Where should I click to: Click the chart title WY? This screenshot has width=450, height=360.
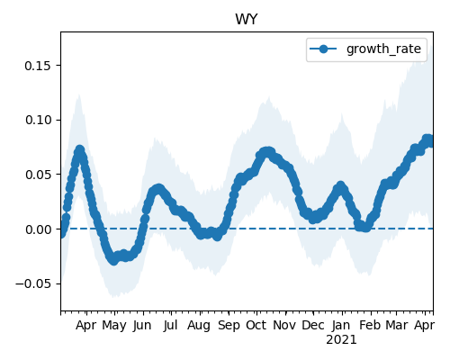(247, 20)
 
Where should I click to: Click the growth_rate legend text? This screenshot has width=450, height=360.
(383, 49)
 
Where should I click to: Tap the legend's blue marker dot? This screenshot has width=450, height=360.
(323, 49)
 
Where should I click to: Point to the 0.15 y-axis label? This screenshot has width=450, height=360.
(38, 66)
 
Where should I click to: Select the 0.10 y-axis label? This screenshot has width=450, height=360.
(38, 120)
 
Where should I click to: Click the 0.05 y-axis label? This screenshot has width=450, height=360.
(38, 175)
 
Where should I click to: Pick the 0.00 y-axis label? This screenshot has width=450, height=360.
(38, 229)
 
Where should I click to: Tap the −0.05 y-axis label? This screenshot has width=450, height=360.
(33, 283)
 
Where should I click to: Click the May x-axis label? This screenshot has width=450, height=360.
(114, 326)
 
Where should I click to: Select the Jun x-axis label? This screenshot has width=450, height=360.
(142, 326)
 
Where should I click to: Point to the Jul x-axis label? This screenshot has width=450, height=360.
(171, 326)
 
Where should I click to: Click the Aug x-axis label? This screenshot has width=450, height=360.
(199, 326)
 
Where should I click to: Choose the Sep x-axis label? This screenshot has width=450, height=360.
(229, 326)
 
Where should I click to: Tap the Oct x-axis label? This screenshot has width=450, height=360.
(256, 326)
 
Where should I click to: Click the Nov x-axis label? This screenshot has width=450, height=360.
(284, 326)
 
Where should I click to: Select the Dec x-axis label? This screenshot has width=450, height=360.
(313, 326)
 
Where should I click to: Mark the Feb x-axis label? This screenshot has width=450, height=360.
(370, 326)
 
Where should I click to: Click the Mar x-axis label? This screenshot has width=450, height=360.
(397, 326)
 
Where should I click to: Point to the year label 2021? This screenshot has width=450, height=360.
(341, 340)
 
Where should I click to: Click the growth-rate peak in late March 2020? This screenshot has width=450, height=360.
(79, 149)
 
